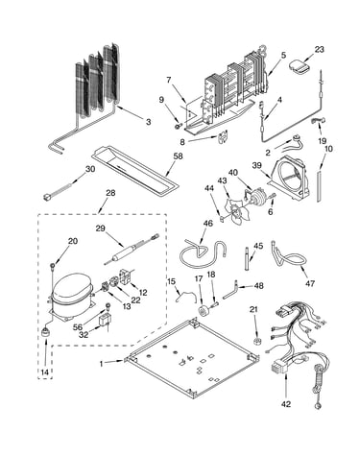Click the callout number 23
[x=319, y=50]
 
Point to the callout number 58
[x=179, y=156]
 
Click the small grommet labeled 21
[x=256, y=342]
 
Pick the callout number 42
[x=286, y=404]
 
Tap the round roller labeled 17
[x=203, y=310]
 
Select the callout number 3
[x=148, y=122]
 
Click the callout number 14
[x=45, y=372]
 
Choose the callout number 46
[x=208, y=223]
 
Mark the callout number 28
[x=110, y=193]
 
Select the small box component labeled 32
[x=105, y=321]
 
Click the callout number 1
[x=102, y=364]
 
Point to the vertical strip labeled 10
[x=320, y=186]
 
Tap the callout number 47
[x=310, y=283]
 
